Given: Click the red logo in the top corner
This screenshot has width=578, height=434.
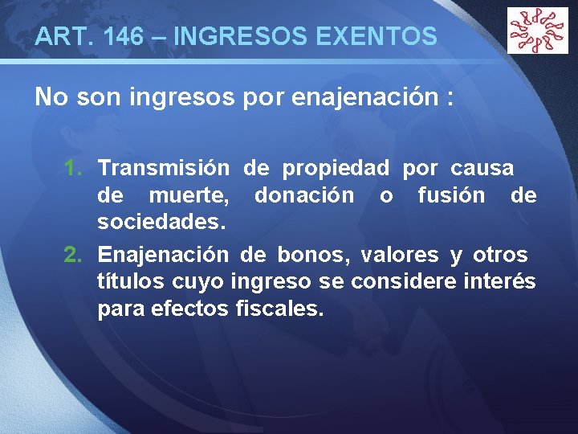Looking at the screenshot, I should pyautogui.click(x=537, y=31).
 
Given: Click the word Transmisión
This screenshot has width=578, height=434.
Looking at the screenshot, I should pyautogui.click(x=164, y=169).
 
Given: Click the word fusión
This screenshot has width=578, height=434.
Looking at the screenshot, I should pyautogui.click(x=451, y=195).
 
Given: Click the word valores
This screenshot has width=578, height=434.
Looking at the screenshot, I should pyautogui.click(x=399, y=256).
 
